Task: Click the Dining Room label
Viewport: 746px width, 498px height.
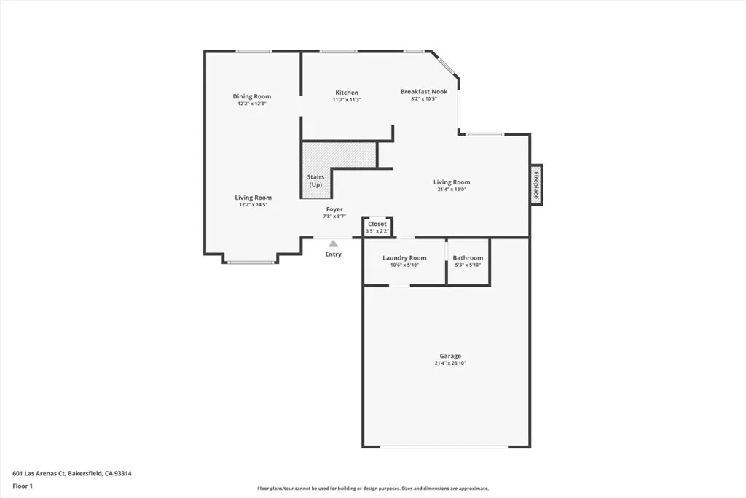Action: click(x=252, y=96)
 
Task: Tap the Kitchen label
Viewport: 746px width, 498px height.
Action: click(x=347, y=93)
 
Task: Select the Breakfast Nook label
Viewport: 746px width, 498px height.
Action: click(x=424, y=91)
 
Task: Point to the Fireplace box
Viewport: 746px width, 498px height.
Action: click(x=536, y=184)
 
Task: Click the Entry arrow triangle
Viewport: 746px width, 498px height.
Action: click(x=333, y=244)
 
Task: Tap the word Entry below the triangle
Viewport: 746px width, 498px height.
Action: click(x=333, y=254)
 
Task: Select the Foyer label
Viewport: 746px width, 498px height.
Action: click(x=334, y=209)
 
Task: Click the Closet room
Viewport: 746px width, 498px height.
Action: click(x=377, y=227)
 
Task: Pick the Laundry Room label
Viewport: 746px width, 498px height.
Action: click(x=405, y=257)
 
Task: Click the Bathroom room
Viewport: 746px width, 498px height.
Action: click(x=468, y=261)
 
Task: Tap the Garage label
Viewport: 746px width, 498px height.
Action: click(x=449, y=356)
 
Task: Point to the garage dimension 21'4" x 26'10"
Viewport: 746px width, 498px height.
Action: click(x=449, y=363)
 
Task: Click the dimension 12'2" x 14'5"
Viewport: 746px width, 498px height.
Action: click(x=253, y=205)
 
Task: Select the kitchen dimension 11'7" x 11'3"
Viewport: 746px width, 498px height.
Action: click(x=347, y=100)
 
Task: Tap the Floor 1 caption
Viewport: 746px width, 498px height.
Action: click(x=23, y=486)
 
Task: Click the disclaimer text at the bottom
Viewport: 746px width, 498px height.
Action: click(x=372, y=489)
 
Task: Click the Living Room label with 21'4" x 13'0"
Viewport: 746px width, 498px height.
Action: click(x=452, y=182)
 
